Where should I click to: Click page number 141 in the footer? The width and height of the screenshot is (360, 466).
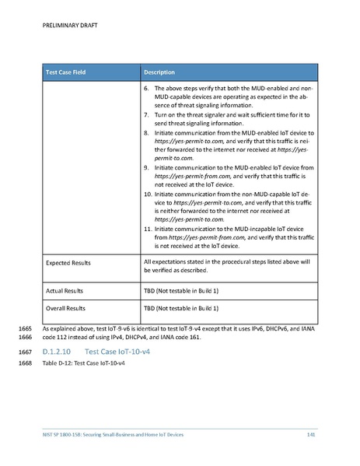[311, 433]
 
